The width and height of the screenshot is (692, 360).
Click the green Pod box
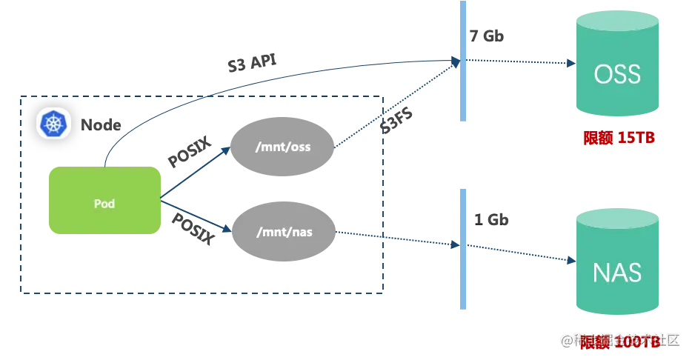[104, 201]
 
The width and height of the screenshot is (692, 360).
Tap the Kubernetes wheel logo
[53, 123]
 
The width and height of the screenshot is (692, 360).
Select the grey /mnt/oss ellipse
[282, 147]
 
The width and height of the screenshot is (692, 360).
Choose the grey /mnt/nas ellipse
[284, 232]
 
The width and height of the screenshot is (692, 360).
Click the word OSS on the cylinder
[617, 75]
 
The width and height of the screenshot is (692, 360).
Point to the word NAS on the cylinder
[617, 273]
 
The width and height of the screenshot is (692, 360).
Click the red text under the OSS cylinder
[619, 138]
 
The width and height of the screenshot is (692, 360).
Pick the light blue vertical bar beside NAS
[463, 248]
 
